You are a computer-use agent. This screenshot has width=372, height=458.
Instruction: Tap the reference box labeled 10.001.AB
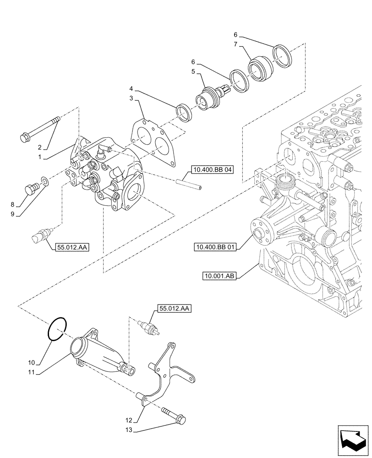tap(219, 276)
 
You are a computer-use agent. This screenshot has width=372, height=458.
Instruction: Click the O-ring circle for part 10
tap(59, 328)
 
